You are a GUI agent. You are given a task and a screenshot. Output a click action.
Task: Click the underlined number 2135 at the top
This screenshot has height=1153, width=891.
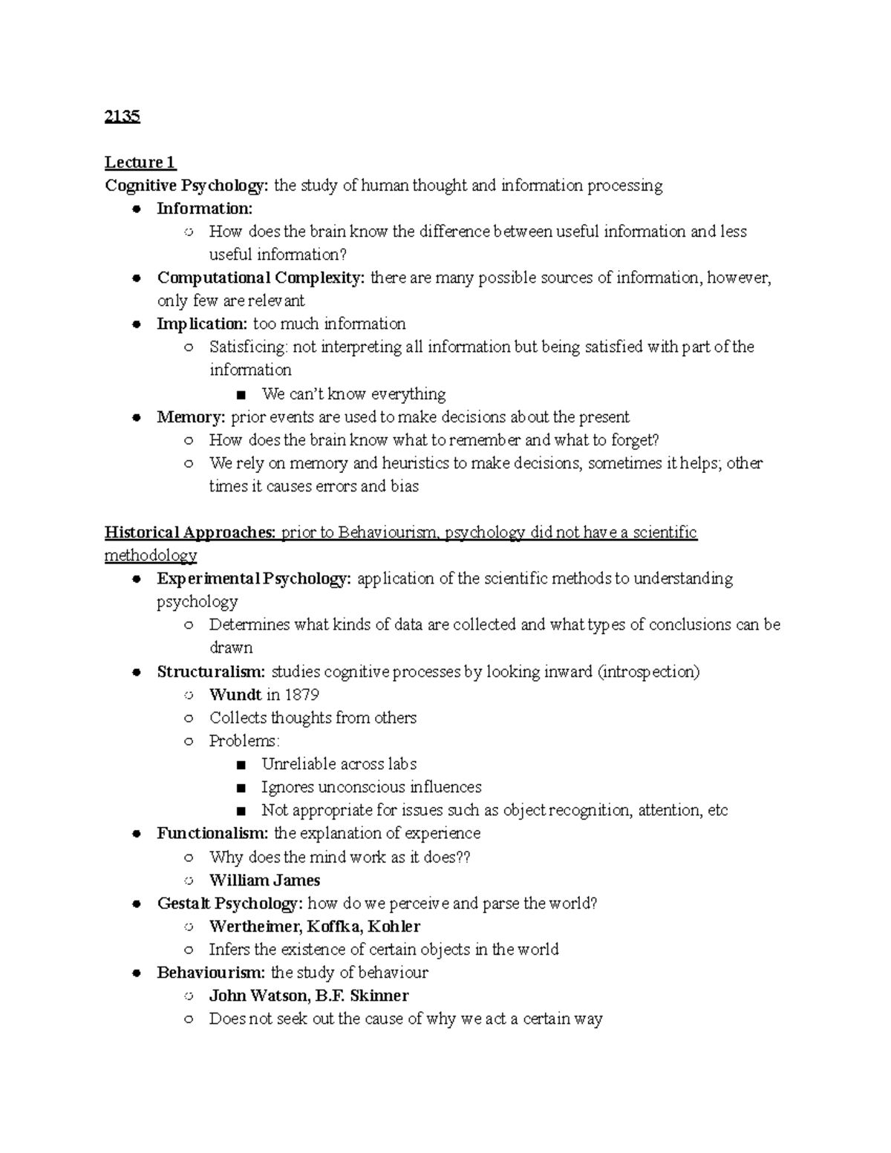[123, 117]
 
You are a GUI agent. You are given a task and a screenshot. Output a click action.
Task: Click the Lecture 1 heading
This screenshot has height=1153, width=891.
[140, 163]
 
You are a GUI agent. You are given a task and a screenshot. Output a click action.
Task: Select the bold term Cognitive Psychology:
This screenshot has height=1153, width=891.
[187, 186]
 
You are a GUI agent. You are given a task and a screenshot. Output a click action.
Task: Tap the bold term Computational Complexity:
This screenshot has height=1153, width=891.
[261, 278]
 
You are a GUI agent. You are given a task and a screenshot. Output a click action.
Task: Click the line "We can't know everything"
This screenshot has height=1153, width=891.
[353, 393]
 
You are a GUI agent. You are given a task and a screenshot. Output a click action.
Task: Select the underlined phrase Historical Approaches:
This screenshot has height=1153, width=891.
[190, 532]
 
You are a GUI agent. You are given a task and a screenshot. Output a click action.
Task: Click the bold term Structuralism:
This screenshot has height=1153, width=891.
[211, 672]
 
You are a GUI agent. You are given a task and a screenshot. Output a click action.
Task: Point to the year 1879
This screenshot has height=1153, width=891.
[301, 695]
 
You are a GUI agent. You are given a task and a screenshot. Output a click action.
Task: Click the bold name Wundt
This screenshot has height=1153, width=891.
[235, 695]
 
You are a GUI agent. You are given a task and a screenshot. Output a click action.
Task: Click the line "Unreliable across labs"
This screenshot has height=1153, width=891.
[339, 764]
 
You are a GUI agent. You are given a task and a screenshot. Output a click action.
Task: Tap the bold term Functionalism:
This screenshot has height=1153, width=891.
[212, 833]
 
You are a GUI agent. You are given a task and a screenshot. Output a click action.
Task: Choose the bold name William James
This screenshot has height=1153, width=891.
[264, 881]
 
